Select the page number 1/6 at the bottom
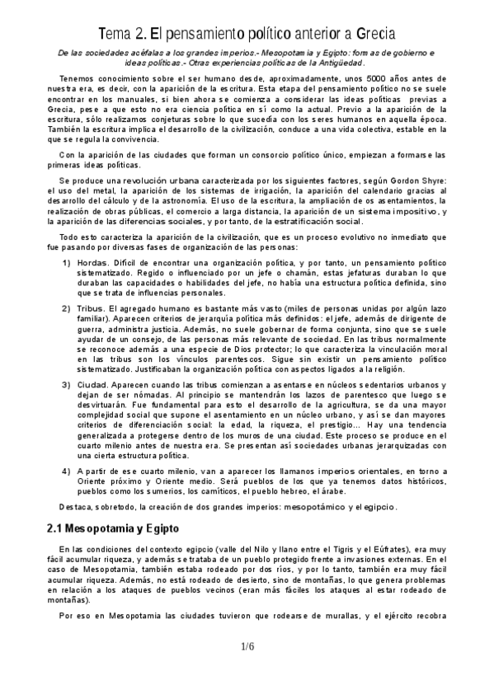point(247,646)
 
